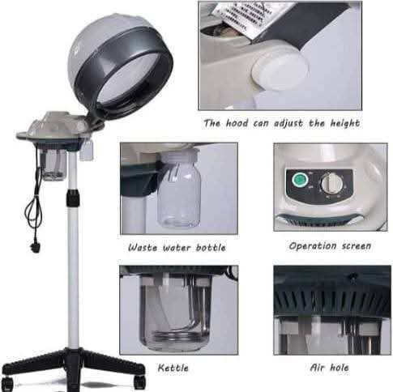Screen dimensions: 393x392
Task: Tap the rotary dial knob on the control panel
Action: coord(330,183)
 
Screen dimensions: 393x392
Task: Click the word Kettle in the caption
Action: coord(173,368)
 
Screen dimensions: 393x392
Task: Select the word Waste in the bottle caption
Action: coord(143,247)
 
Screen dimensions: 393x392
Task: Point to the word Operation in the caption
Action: coord(313,246)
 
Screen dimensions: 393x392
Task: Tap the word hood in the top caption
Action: coord(237,123)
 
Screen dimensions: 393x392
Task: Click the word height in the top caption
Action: coord(345,124)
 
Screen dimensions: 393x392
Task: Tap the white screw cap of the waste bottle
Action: coord(179,156)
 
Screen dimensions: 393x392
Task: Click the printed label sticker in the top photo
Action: coord(241,19)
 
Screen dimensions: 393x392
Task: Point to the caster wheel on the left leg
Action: coord(7,383)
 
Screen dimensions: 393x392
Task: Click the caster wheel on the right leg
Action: coord(140,381)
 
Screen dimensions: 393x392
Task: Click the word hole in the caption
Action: coord(340,367)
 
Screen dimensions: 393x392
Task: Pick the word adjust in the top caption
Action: coord(288,124)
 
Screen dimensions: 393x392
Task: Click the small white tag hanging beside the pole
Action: coord(87,152)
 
